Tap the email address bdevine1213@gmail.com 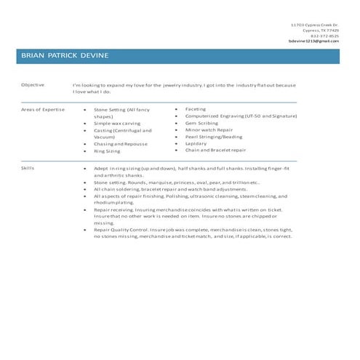pos(313,41)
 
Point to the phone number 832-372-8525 pos(324,36)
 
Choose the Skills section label pos(29,168)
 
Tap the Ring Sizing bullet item pos(107,151)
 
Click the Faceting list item pos(196,109)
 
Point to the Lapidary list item pos(196,143)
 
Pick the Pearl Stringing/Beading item pos(214,137)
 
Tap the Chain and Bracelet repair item pos(215,151)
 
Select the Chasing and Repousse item pos(120,144)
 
